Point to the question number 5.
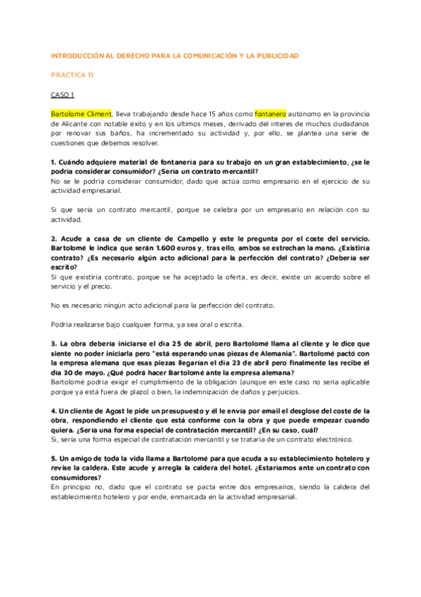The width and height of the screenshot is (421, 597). [53, 458]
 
